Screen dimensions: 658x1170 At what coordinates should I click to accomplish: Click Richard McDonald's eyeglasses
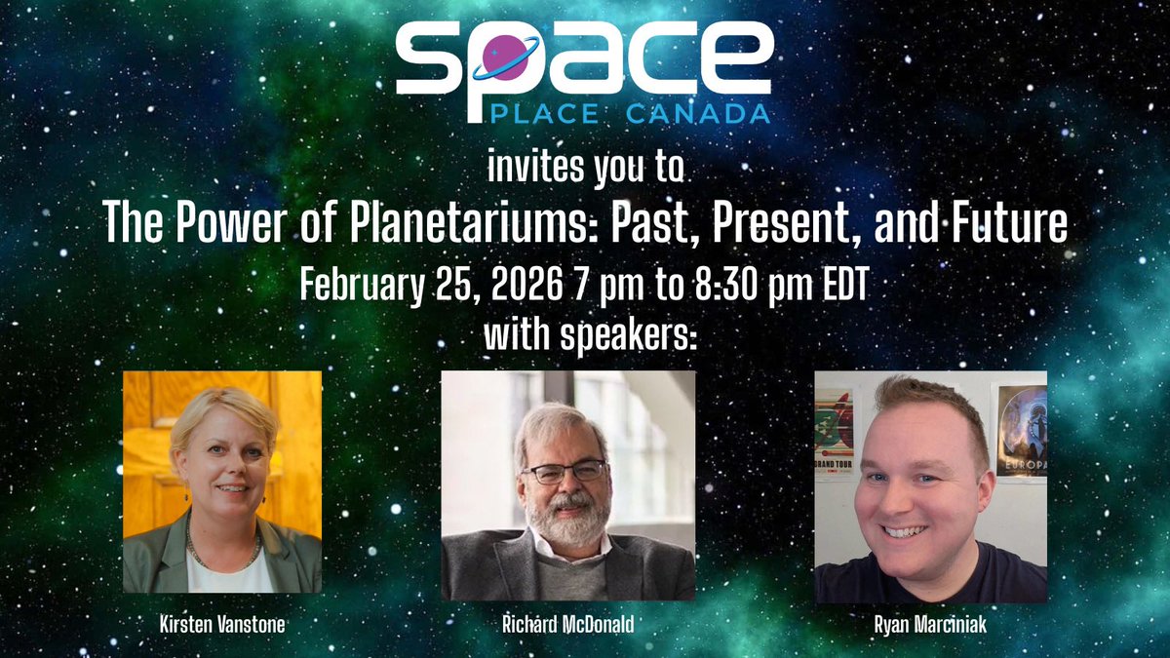pos(563,473)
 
